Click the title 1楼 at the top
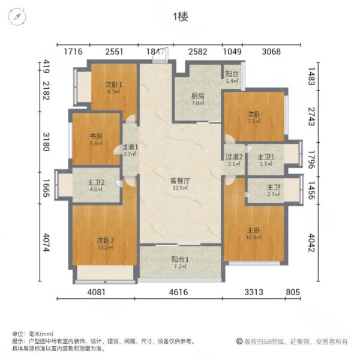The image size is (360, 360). point(180,17)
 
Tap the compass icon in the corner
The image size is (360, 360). point(17,16)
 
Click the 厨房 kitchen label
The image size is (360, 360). point(197,96)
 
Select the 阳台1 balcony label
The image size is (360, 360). point(179,259)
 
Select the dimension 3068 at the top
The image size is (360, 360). point(271,52)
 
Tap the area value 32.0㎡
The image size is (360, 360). point(179,187)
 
